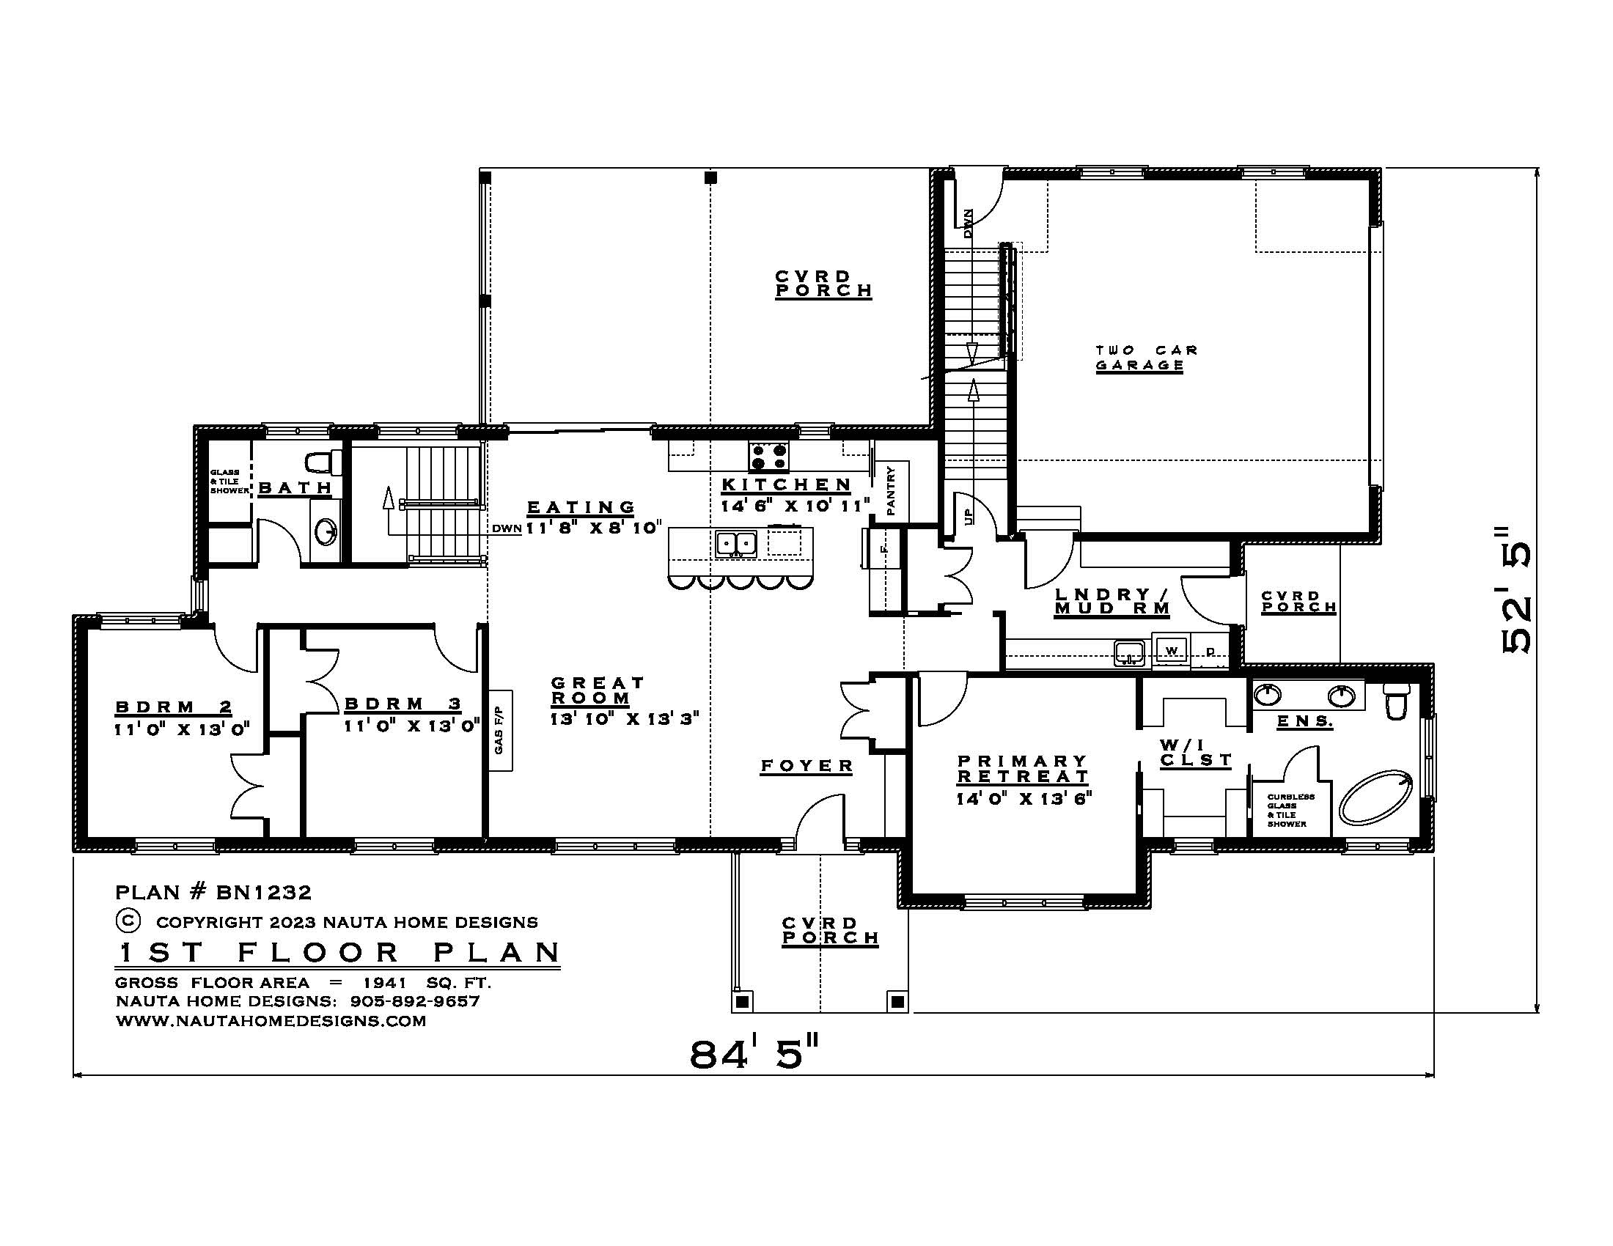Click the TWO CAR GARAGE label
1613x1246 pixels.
pyautogui.click(x=1144, y=358)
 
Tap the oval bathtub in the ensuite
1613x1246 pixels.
pyautogui.click(x=1376, y=798)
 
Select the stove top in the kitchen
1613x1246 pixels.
pyautogui.click(x=769, y=456)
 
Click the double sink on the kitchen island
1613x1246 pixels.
pyautogui.click(x=735, y=544)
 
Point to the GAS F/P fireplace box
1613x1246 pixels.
pyautogui.click(x=500, y=730)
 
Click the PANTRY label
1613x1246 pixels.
pyautogui.click(x=891, y=490)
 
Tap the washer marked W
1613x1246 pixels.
pyautogui.click(x=1171, y=650)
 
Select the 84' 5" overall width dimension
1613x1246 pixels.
pyautogui.click(x=754, y=1054)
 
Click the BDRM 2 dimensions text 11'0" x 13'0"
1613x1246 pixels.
pyautogui.click(x=182, y=729)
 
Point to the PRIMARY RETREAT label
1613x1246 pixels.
pyautogui.click(x=1023, y=768)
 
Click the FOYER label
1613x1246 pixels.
pyautogui.click(x=806, y=766)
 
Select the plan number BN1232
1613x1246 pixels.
pyautogui.click(x=264, y=893)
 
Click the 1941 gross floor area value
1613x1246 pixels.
pyautogui.click(x=385, y=982)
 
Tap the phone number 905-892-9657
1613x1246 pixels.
pyautogui.click(x=415, y=1002)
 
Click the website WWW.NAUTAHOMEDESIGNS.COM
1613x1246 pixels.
pyautogui.click(x=271, y=1021)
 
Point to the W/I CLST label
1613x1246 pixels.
pyautogui.click(x=1195, y=752)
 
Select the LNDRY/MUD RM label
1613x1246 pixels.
pyautogui.click(x=1112, y=601)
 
